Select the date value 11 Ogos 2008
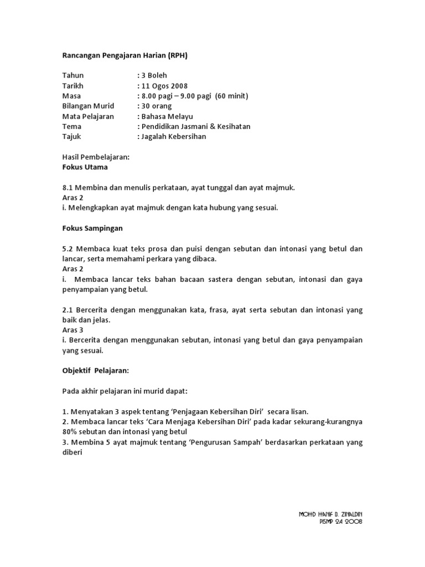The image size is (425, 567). point(164,86)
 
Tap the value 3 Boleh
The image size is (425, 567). point(154,76)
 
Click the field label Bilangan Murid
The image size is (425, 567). point(88,106)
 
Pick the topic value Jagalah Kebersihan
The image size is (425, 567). point(174,136)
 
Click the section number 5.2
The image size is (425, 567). point(68,249)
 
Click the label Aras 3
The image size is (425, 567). point(72,329)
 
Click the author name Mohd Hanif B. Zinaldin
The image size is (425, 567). point(330,514)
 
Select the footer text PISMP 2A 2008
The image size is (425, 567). point(341,522)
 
